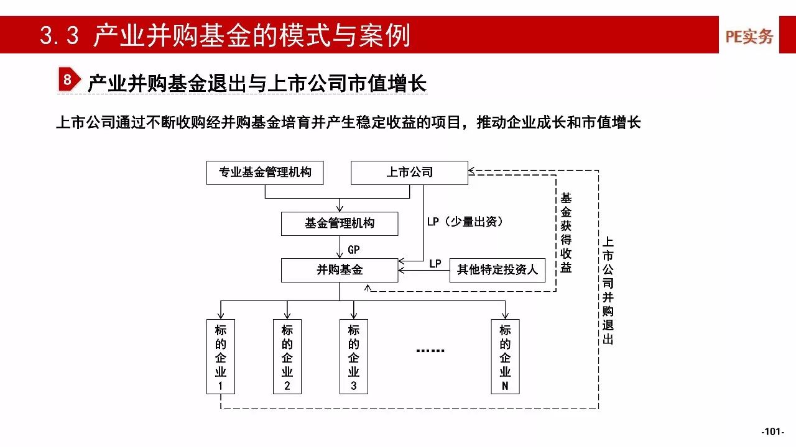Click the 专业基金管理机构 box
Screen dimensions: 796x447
coord(265,173)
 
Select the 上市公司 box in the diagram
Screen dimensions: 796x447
coord(409,173)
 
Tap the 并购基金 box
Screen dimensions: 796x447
coord(340,270)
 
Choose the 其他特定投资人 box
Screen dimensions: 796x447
coord(497,270)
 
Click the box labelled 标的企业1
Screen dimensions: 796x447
coord(221,356)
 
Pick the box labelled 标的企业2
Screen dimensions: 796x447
coord(287,356)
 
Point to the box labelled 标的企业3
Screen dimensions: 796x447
coord(354,356)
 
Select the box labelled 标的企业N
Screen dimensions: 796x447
coord(506,356)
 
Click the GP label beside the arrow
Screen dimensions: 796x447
coord(354,250)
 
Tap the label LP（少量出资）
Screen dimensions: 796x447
coord(465,222)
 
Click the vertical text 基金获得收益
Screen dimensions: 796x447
coord(566,233)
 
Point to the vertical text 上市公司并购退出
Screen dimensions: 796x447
coord(608,291)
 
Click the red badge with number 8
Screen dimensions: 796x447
coord(69,79)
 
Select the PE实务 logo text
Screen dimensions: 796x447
coord(749,36)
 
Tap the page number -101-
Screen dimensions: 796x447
coord(772,431)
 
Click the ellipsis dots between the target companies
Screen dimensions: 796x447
coord(430,351)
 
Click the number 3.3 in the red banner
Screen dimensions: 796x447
coord(59,35)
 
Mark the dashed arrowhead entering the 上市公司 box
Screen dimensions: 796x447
coord(471,171)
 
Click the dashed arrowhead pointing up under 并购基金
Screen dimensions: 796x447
coord(368,287)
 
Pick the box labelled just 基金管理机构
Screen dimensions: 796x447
coord(340,224)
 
